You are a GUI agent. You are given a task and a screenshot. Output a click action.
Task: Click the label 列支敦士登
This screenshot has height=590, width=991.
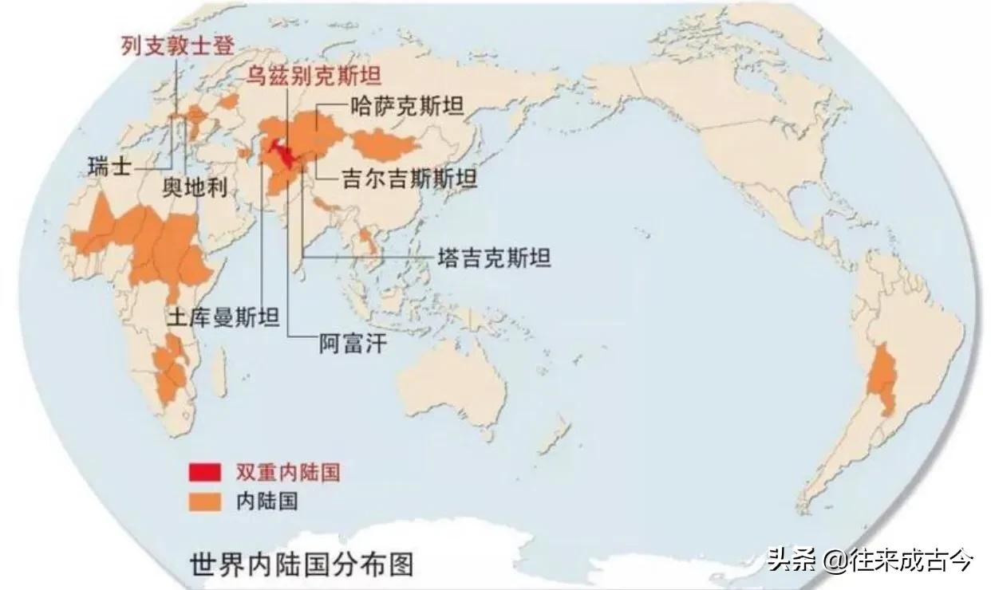pyautogui.click(x=177, y=45)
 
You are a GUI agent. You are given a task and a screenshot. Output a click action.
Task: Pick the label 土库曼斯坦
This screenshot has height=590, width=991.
pyautogui.click(x=223, y=317)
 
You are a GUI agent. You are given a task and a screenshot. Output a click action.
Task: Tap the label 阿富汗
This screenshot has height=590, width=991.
pyautogui.click(x=347, y=344)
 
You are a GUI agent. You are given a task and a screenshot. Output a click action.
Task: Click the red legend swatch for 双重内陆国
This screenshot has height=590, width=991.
pyautogui.click(x=205, y=472)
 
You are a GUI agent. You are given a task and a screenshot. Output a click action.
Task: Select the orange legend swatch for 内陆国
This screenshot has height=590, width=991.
pyautogui.click(x=205, y=500)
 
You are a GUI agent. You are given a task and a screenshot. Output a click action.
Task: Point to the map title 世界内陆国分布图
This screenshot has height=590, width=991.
pyautogui.click(x=302, y=564)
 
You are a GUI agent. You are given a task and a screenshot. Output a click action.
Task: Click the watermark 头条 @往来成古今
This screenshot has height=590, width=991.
pyautogui.click(x=869, y=560)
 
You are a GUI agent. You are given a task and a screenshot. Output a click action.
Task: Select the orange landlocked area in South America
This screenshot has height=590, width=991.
pyautogui.click(x=884, y=375)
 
